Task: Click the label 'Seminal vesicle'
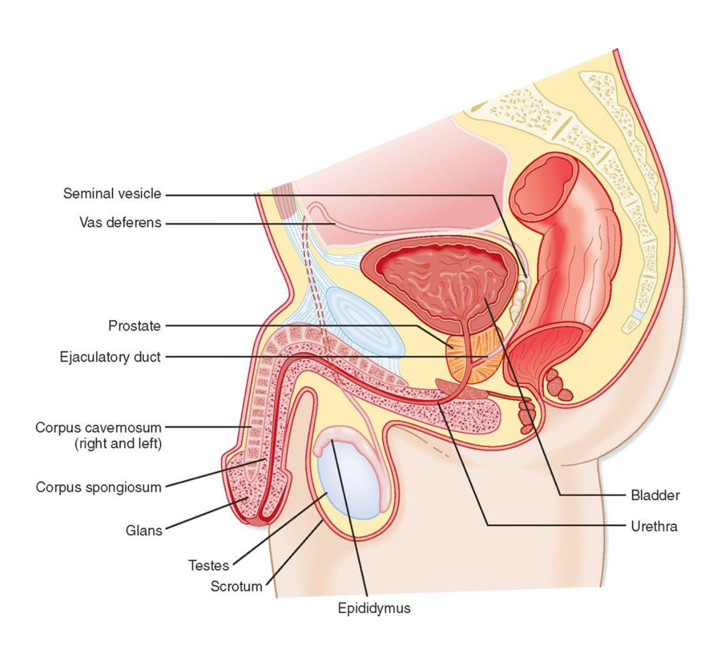coord(112,194)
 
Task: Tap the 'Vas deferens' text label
coord(120,223)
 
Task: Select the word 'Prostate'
coord(135,326)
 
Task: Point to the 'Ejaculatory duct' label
coord(110,357)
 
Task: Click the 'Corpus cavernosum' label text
coord(98,428)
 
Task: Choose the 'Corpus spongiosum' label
coord(99,487)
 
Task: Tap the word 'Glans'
coord(144,530)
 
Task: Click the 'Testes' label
coord(208,566)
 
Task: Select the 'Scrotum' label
coord(236,587)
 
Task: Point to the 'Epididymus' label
coord(374,609)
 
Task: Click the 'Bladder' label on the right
coord(655,495)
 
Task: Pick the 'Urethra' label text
coord(654,526)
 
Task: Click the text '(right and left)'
coord(118,444)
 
